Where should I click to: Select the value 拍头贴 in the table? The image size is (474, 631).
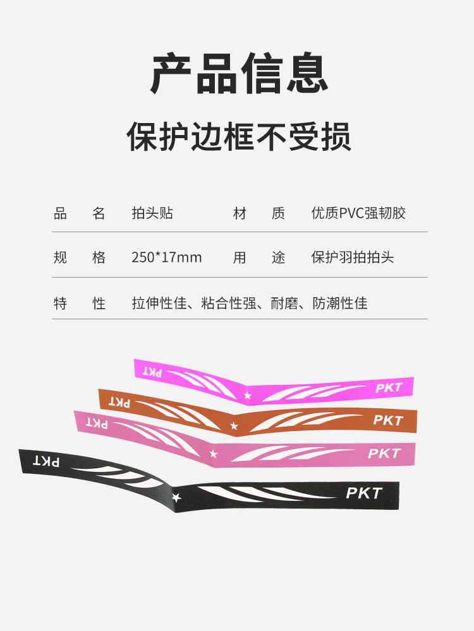pyautogui.click(x=152, y=213)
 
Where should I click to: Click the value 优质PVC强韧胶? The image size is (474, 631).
pyautogui.click(x=358, y=213)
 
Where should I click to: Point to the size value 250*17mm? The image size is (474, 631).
pyautogui.click(x=167, y=257)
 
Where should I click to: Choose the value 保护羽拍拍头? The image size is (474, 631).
pyautogui.click(x=352, y=257)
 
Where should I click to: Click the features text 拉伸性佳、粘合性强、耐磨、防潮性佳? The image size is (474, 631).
pyautogui.click(x=249, y=303)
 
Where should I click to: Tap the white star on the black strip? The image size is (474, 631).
pyautogui.click(x=176, y=497)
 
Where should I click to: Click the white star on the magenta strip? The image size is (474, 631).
pyautogui.click(x=247, y=396)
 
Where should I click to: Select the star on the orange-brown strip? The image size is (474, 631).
pyautogui.click(x=234, y=426)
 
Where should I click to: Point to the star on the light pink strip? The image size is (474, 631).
pyautogui.click(x=214, y=454)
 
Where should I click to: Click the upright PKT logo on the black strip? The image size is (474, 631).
pyautogui.click(x=364, y=493)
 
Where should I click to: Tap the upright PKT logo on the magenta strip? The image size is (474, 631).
pyautogui.click(x=389, y=387)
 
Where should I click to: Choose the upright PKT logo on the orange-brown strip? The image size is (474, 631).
pyautogui.click(x=387, y=420)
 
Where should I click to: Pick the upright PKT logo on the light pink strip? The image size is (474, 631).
pyautogui.click(x=384, y=454)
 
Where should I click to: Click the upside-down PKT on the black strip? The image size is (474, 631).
pyautogui.click(x=47, y=462)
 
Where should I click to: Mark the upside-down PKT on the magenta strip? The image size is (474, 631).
pyautogui.click(x=152, y=372)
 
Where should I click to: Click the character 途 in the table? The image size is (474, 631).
pyautogui.click(x=279, y=257)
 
